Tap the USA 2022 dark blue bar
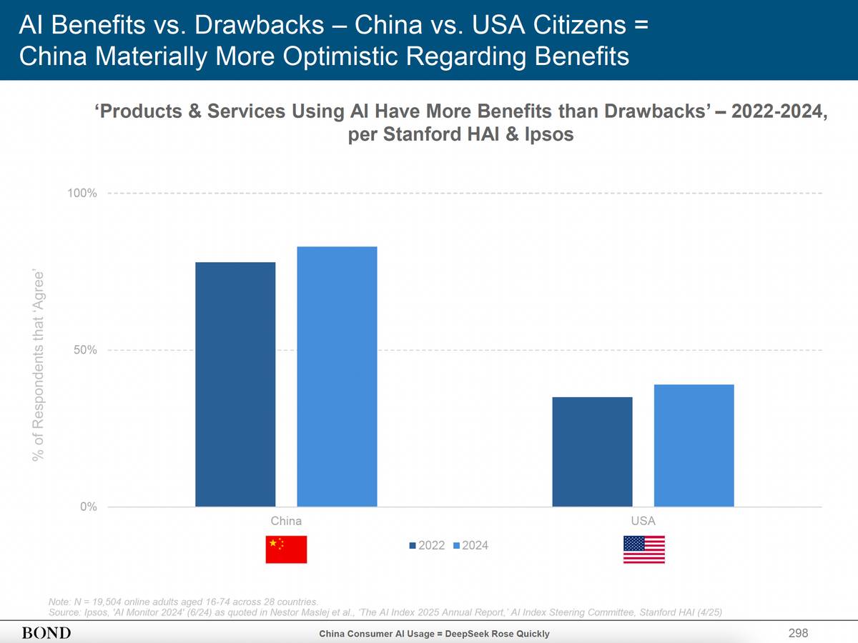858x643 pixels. coord(592,452)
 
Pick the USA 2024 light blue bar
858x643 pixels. coord(694,446)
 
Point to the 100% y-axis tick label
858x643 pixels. coord(83,194)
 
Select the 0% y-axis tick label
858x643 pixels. coord(89,507)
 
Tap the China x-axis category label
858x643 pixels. coord(286,521)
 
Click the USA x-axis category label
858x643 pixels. coord(643,521)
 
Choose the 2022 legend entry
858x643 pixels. coord(428,546)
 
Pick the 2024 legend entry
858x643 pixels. coord(471,546)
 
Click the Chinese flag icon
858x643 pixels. coord(286,549)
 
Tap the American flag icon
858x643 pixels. coord(644,549)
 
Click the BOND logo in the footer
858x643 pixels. coord(46,633)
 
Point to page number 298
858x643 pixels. coord(798,633)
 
